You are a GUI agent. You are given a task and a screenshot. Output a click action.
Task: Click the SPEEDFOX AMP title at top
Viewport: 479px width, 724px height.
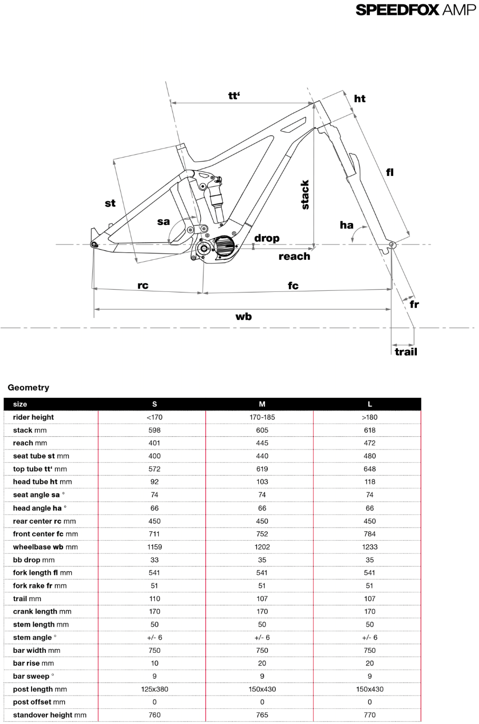(x=415, y=9)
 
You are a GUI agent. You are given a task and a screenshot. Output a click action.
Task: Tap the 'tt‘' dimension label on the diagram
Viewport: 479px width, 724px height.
(x=234, y=95)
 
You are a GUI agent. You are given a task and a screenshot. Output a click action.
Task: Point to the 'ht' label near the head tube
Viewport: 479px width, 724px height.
(x=359, y=99)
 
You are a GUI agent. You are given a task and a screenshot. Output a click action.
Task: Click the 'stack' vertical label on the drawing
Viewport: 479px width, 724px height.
(x=305, y=195)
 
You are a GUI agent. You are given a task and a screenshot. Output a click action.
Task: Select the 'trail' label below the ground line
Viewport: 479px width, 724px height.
(x=406, y=351)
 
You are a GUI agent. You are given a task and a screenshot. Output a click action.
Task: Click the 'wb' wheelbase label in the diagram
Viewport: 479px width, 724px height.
(x=243, y=316)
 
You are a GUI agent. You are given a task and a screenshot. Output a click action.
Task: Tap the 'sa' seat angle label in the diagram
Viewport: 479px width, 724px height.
(x=163, y=221)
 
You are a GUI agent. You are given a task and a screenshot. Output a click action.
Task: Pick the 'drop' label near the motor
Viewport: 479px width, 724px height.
(x=267, y=238)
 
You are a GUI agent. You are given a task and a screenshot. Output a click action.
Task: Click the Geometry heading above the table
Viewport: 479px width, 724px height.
(x=28, y=387)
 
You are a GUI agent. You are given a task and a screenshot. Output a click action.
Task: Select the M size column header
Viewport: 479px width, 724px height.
(x=262, y=404)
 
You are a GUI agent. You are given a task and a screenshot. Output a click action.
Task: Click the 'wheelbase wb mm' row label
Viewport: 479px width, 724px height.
(x=45, y=547)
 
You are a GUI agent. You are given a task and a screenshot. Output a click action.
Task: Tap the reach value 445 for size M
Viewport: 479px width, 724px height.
(x=262, y=443)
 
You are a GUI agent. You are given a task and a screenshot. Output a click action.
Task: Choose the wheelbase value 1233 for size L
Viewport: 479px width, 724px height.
(x=369, y=547)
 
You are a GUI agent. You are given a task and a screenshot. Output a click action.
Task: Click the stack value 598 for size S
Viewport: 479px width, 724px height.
(x=154, y=430)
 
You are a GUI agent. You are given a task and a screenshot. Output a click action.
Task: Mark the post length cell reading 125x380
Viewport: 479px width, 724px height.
(x=154, y=689)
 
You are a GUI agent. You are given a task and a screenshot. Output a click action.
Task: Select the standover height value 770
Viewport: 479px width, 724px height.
(x=369, y=715)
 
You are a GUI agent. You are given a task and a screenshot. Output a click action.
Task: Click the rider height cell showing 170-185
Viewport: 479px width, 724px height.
(x=262, y=417)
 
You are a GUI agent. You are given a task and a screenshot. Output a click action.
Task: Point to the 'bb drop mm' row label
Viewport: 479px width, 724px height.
(x=34, y=560)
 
